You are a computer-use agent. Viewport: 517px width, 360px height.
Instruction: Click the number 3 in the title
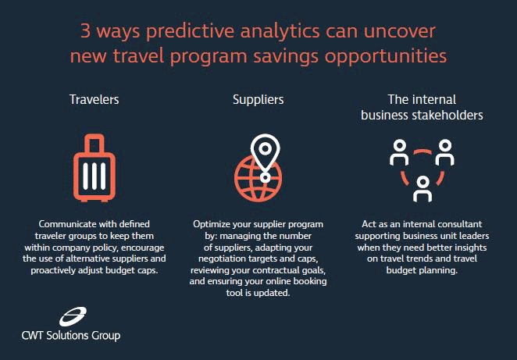[x=85, y=31]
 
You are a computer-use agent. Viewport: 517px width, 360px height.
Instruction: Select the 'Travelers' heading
[x=94, y=99]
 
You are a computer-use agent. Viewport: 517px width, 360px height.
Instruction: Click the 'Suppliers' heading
[x=258, y=100]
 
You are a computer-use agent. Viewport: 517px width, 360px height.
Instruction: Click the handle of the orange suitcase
[x=94, y=142]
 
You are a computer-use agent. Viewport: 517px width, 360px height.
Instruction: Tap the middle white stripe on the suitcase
[x=94, y=176]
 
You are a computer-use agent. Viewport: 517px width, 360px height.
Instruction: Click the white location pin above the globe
[x=265, y=155]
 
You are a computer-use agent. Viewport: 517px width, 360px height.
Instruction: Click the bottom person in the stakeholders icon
[x=423, y=189]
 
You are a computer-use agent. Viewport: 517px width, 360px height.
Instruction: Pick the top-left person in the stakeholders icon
[x=399, y=152]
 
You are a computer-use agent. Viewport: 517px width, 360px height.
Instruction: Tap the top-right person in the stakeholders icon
[x=445, y=152]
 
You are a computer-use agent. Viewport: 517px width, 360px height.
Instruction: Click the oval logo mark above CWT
[x=73, y=316]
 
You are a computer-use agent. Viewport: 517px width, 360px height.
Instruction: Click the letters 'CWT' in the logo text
[x=32, y=336]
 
